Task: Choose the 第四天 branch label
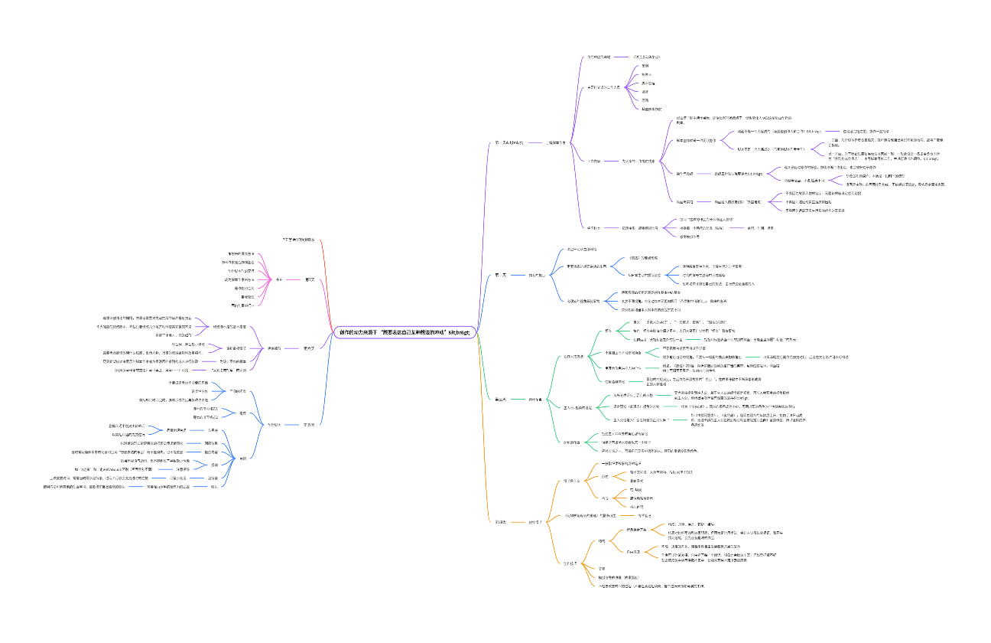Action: [501, 522]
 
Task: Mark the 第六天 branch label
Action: [309, 348]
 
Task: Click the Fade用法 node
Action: [633, 551]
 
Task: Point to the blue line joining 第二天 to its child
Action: [519, 275]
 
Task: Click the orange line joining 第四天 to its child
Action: [519, 522]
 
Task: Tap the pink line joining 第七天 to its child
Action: [294, 279]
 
